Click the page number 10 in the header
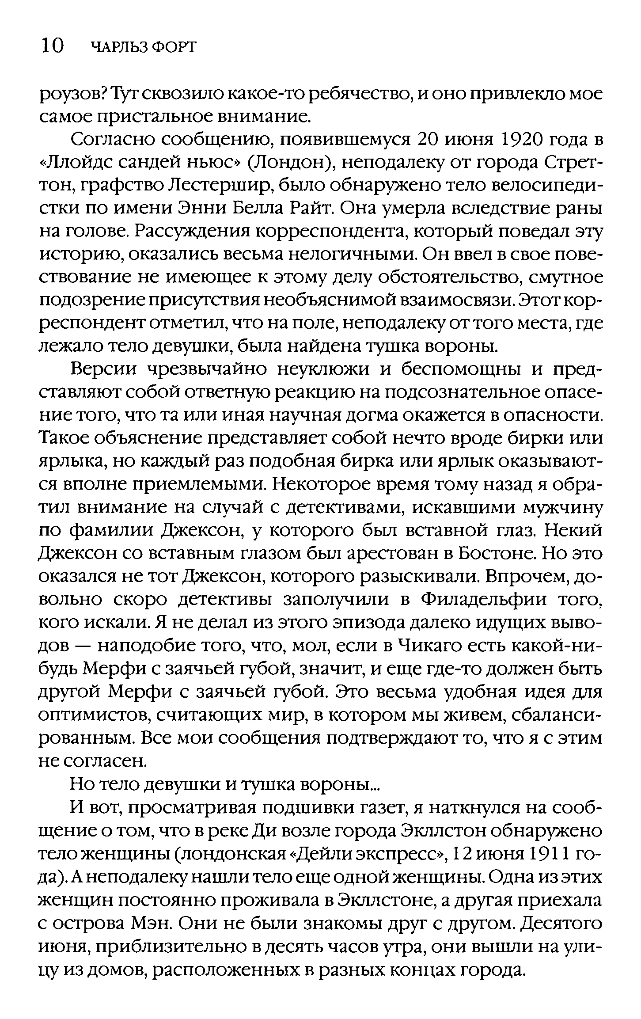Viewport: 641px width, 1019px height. (52, 46)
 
